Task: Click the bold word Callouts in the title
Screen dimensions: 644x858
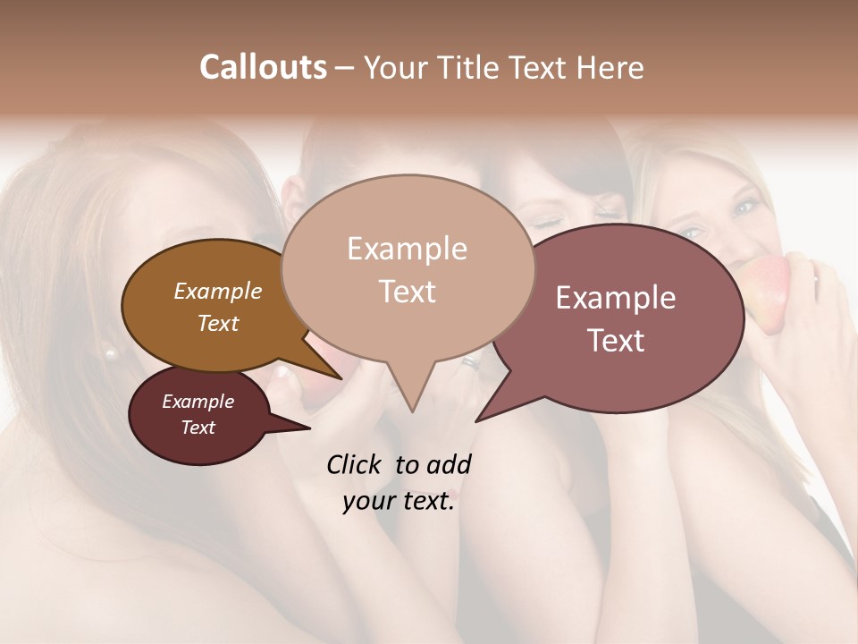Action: [x=263, y=67]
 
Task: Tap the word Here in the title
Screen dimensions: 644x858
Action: [x=610, y=67]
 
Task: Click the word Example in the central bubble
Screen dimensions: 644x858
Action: [x=407, y=249]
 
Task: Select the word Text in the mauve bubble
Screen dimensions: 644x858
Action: [x=616, y=341]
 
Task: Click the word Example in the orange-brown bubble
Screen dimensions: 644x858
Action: [x=217, y=291]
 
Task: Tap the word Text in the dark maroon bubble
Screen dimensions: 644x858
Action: [x=198, y=428]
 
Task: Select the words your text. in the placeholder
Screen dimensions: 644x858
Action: [x=399, y=501]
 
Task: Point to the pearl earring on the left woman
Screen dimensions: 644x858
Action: [x=112, y=354]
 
